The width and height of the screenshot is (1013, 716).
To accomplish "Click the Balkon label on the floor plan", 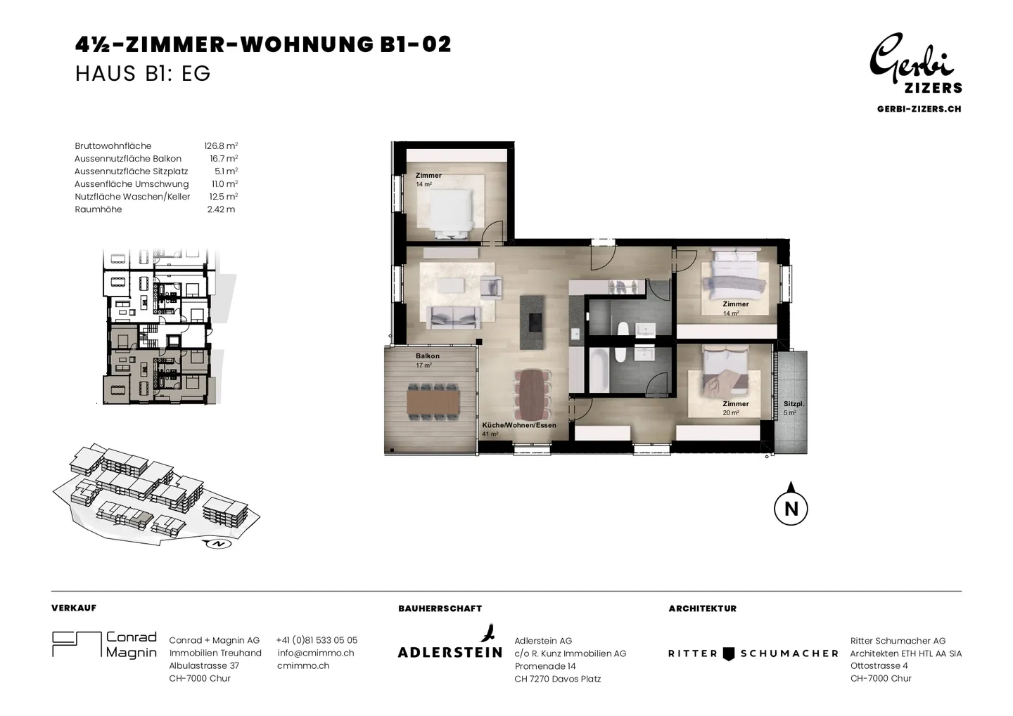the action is click(428, 356).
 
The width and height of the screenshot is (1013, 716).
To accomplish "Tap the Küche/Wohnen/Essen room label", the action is click(519, 426).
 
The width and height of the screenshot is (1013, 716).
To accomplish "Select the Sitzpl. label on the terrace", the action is click(794, 404).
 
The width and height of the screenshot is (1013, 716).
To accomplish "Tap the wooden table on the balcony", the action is click(433, 402).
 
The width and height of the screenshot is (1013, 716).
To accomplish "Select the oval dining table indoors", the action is click(533, 396).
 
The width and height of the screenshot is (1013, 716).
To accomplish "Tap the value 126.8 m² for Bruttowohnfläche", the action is click(221, 146).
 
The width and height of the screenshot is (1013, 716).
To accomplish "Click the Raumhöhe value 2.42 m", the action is click(221, 209).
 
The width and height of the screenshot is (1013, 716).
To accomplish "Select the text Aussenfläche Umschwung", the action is click(132, 184).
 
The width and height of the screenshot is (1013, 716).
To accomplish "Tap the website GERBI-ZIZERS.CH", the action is click(919, 109).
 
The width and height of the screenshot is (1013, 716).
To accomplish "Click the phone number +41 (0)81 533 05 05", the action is click(317, 640).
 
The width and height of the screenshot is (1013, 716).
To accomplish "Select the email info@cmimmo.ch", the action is click(316, 653).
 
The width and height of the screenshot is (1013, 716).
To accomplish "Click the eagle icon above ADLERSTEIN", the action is click(487, 633).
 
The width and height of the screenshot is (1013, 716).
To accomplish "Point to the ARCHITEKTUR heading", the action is click(702, 608).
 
